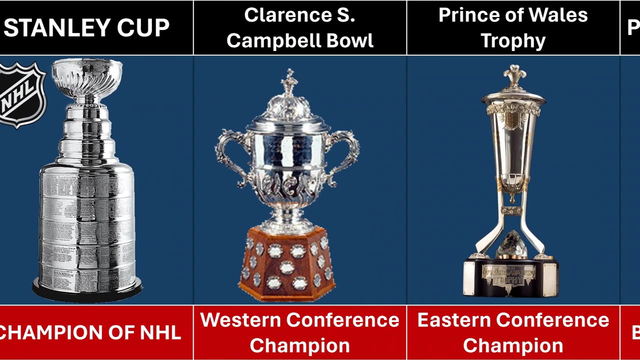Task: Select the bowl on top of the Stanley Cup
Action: (x=87, y=75)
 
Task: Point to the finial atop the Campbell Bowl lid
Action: (x=289, y=82)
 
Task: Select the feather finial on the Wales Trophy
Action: (x=513, y=75)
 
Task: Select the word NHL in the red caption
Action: (x=159, y=332)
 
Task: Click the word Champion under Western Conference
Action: (x=300, y=345)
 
